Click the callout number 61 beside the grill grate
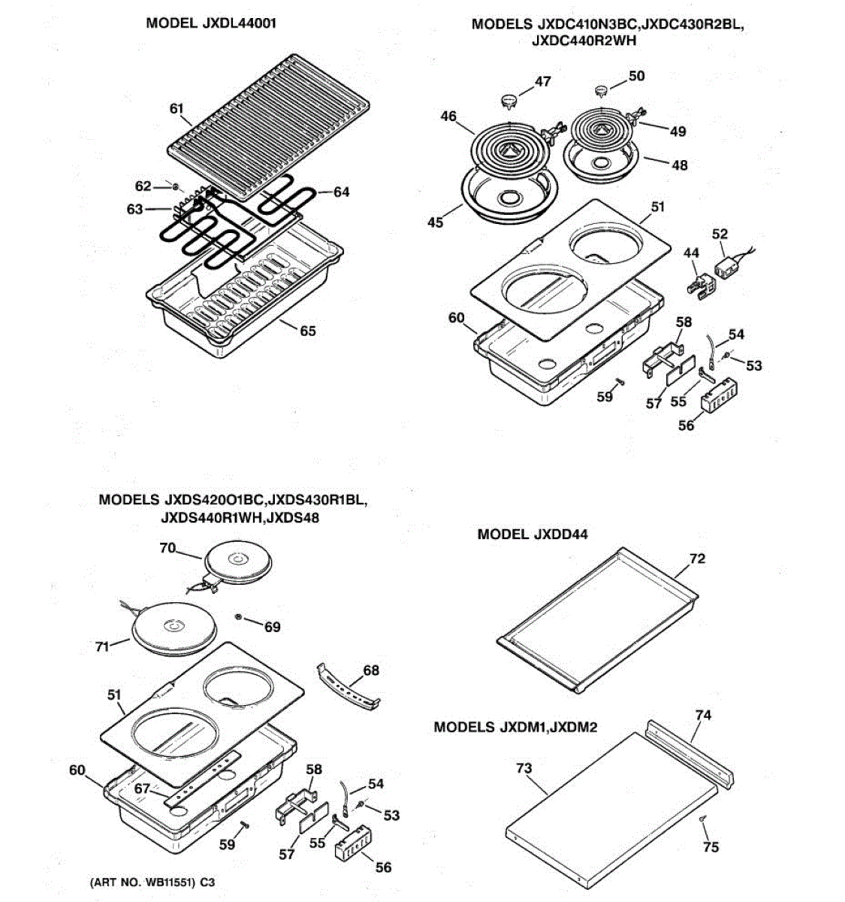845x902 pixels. click(x=177, y=108)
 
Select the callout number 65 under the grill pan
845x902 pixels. click(x=308, y=331)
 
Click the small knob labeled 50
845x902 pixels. click(x=602, y=91)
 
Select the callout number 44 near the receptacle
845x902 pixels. click(x=692, y=256)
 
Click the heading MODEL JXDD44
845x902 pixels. click(x=533, y=534)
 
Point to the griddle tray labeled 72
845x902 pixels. click(x=597, y=616)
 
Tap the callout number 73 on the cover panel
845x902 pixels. click(x=524, y=768)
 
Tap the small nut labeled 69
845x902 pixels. click(x=239, y=617)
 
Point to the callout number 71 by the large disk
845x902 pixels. click(x=102, y=646)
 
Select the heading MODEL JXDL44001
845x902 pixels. click(x=211, y=23)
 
